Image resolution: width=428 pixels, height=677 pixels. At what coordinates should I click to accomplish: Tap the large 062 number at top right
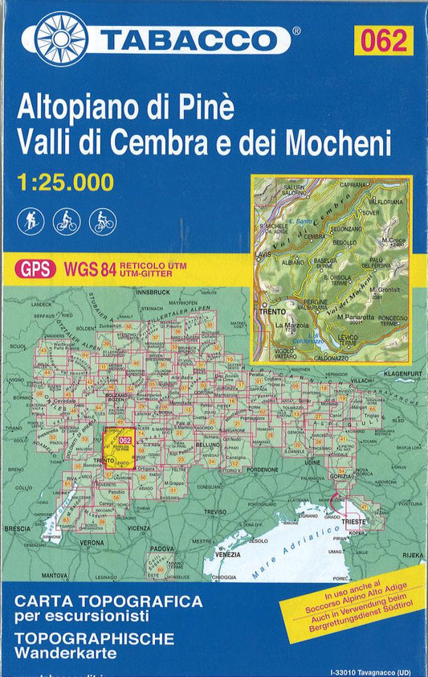click(384, 39)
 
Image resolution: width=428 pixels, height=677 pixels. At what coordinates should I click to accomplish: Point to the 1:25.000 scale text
click(65, 183)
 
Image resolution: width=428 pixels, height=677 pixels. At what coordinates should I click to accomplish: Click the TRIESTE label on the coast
click(355, 521)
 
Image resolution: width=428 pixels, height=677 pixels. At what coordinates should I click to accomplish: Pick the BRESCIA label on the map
click(17, 530)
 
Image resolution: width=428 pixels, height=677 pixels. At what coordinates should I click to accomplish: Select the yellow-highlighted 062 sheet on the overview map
click(123, 441)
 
